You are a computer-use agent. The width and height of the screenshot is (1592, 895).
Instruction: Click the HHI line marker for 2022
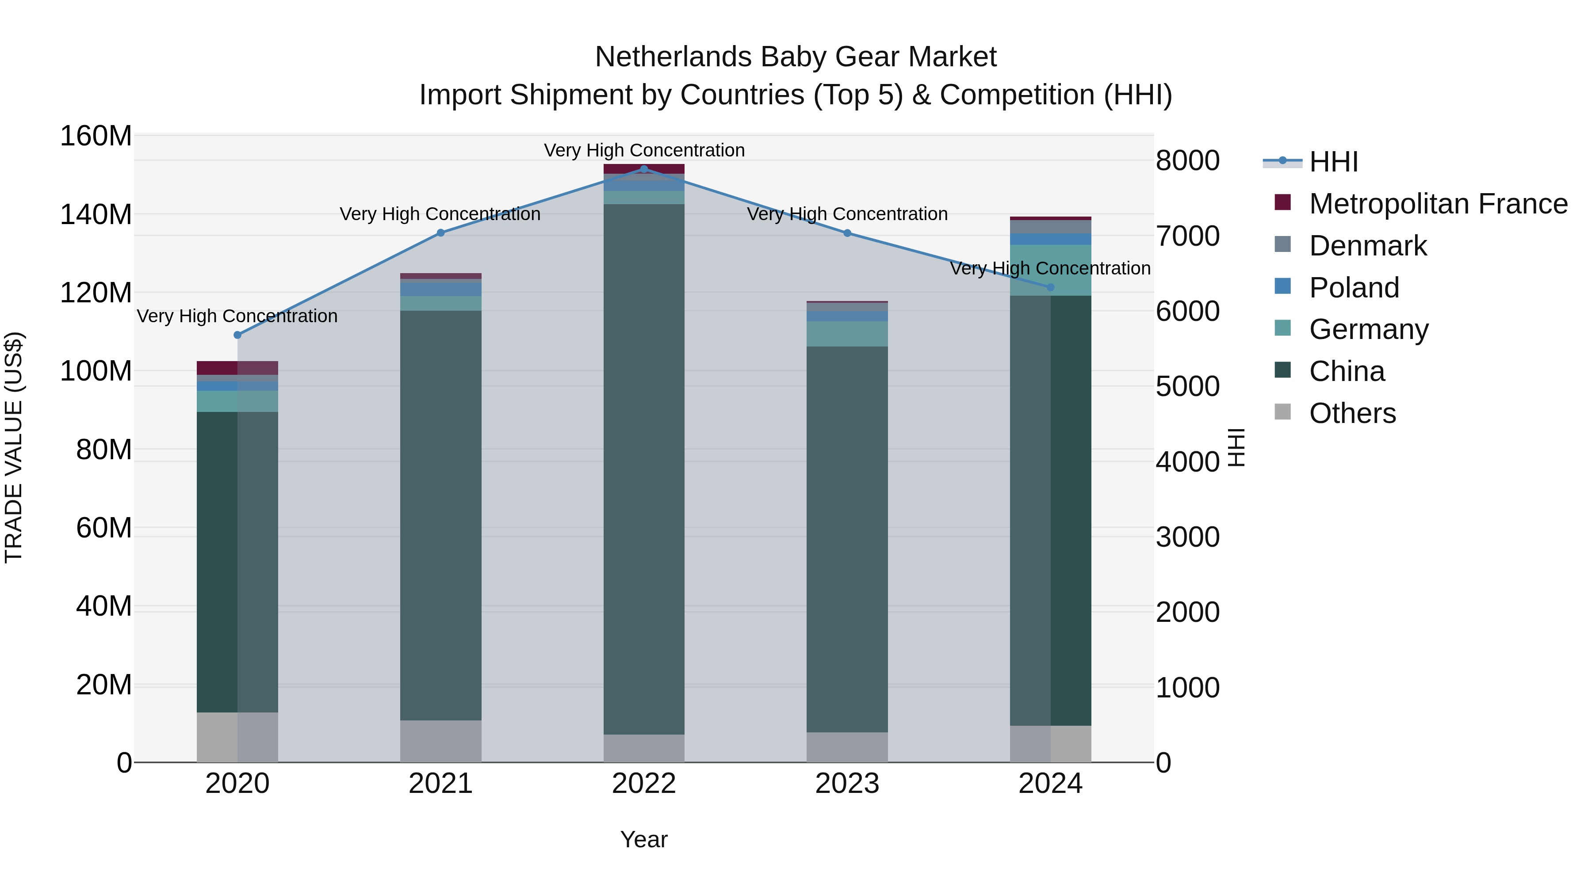coord(644,169)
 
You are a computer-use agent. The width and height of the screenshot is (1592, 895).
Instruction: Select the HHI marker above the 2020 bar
coord(237,335)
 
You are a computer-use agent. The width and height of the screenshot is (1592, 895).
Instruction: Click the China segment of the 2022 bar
coord(644,469)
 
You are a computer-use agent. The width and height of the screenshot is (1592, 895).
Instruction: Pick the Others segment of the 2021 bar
coord(440,741)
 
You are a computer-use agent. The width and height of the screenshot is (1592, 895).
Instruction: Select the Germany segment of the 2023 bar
coord(847,334)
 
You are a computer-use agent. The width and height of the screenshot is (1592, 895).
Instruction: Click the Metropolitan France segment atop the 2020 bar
coord(237,368)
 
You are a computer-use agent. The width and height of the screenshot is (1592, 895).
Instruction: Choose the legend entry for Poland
coord(1354,288)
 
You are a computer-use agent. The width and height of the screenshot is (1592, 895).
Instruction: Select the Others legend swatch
coord(1282,412)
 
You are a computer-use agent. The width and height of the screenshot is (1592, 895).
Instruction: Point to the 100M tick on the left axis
coord(96,371)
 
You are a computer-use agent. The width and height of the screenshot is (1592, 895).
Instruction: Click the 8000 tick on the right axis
coord(1187,160)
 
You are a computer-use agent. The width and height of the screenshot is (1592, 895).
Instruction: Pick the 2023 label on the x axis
coord(847,783)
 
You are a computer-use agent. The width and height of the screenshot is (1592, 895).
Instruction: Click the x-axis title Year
coord(644,839)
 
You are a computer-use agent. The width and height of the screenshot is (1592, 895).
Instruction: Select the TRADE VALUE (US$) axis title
coord(14,447)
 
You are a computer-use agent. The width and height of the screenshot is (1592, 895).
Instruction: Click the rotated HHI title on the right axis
coord(1236,447)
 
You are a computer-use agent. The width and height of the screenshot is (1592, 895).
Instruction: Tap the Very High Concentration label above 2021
coord(440,214)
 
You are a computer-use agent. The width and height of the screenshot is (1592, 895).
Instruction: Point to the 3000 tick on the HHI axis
coord(1187,537)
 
